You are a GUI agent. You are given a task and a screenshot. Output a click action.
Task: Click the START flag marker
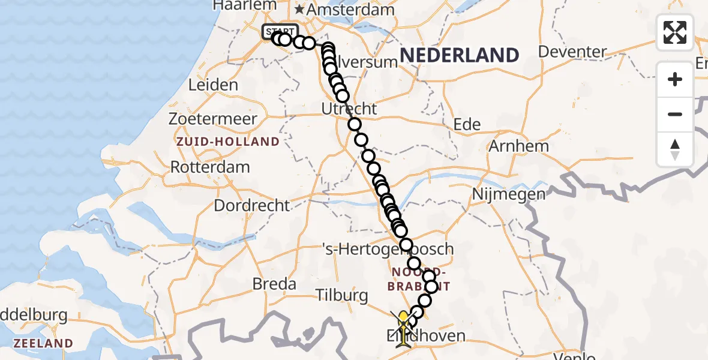[x=280, y=31]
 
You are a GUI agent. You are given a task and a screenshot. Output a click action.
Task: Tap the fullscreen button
[x=675, y=32]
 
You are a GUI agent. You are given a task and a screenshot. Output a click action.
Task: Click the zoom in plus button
[x=675, y=79]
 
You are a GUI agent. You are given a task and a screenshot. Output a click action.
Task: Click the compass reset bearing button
[x=675, y=149]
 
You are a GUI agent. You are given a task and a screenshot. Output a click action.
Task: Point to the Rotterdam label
[x=210, y=167]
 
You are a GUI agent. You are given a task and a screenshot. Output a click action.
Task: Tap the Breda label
[x=275, y=283]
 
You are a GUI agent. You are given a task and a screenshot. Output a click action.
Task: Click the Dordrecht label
[x=252, y=205]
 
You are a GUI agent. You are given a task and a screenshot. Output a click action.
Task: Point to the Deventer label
[x=572, y=52]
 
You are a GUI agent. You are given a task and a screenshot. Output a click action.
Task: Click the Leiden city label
[x=213, y=85]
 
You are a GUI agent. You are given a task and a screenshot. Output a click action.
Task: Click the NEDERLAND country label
[x=459, y=56]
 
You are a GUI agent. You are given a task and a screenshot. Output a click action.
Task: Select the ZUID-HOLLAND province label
[x=228, y=142]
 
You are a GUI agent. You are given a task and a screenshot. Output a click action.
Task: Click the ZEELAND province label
[x=44, y=344]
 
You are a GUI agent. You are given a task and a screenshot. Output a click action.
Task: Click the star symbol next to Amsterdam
[x=299, y=10]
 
